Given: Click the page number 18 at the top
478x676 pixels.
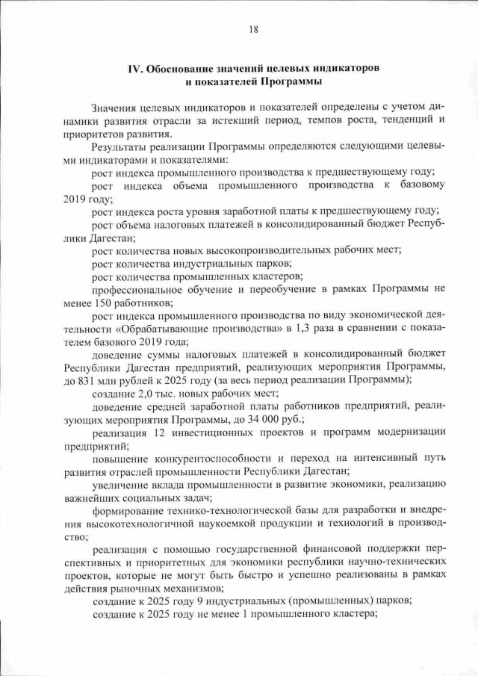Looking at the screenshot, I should [x=253, y=30].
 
